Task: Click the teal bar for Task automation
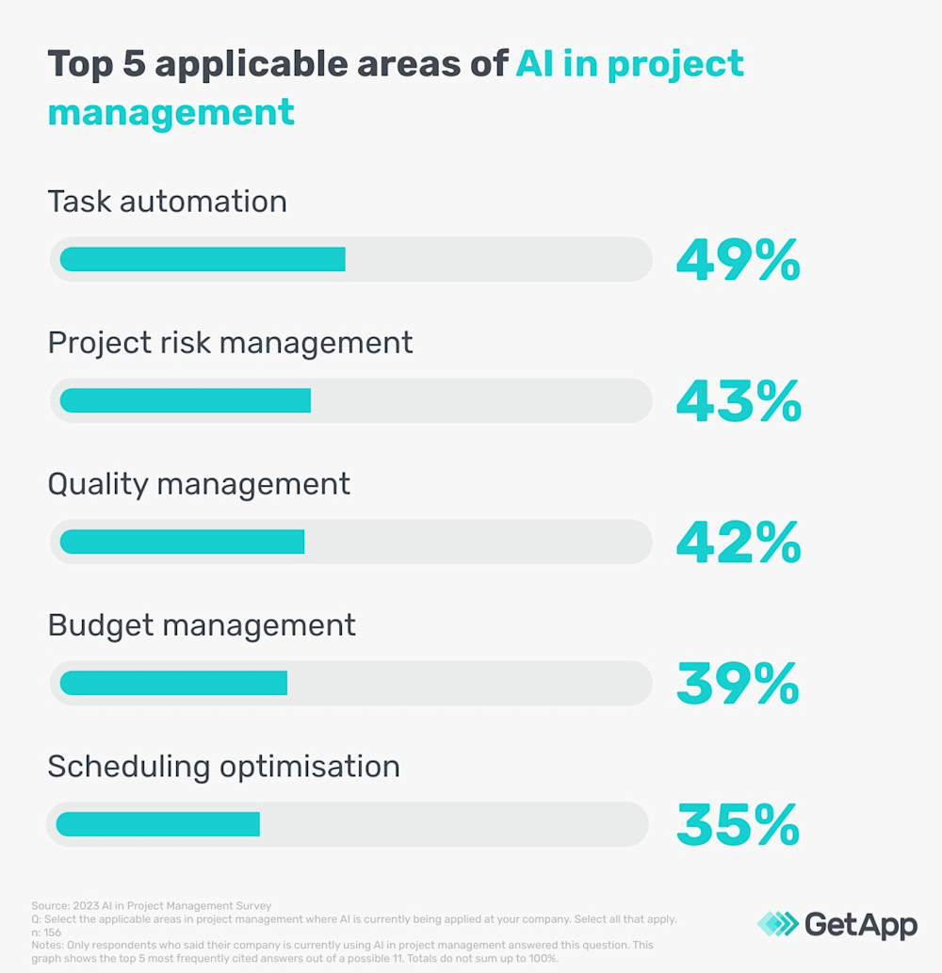(203, 259)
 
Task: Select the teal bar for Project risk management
(186, 400)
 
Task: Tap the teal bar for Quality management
(182, 542)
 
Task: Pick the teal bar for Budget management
(173, 683)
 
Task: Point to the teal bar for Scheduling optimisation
(157, 824)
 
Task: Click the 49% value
(738, 260)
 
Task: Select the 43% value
(739, 401)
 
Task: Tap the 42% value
(739, 543)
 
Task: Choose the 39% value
(738, 684)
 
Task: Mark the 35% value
(738, 825)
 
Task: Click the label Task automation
(167, 202)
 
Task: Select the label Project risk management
(230, 343)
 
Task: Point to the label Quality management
(199, 484)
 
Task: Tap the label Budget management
(202, 625)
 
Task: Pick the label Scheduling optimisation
(223, 767)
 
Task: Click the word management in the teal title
(171, 112)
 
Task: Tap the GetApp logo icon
(777, 924)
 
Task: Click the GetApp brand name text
(861, 925)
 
